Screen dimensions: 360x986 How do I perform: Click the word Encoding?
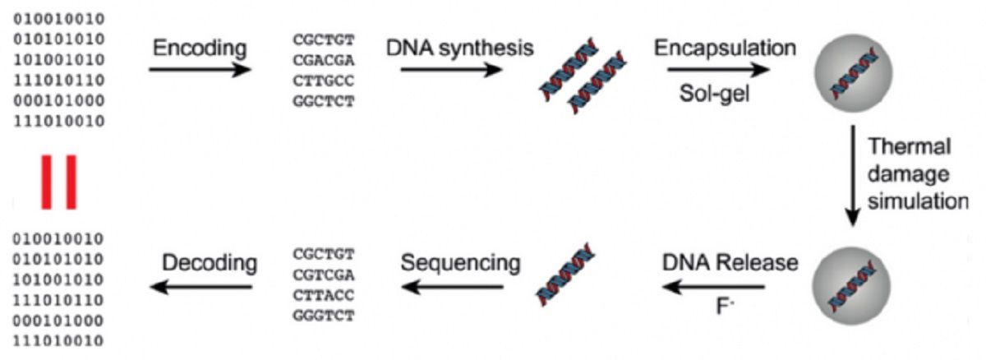tap(200, 47)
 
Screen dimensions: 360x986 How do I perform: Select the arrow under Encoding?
tap(200, 70)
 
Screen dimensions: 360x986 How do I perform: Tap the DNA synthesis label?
tap(460, 47)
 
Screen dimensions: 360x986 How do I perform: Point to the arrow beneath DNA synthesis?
tap(451, 70)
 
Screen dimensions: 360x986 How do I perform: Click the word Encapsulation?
tap(725, 47)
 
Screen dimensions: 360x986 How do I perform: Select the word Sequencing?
tap(460, 263)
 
